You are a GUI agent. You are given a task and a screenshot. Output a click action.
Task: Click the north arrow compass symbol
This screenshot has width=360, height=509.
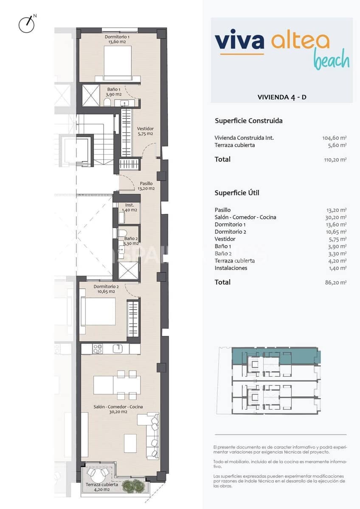(x=27, y=24)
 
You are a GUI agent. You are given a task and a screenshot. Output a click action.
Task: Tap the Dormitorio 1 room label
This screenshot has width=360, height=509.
(x=117, y=39)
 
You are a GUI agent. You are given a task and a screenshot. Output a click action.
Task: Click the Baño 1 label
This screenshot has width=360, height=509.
(x=114, y=92)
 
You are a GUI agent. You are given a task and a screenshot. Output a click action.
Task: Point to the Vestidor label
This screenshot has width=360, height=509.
(x=145, y=131)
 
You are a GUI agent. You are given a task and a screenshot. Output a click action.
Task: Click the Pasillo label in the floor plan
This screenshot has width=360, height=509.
(x=146, y=186)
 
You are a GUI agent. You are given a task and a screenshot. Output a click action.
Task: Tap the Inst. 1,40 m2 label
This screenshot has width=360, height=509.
(x=129, y=207)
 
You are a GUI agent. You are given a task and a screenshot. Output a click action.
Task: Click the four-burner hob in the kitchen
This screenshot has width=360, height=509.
(x=97, y=349)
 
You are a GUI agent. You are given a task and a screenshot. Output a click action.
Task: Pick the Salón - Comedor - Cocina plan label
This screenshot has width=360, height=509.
(x=118, y=409)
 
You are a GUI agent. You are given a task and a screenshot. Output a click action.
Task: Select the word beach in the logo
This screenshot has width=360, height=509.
(x=332, y=60)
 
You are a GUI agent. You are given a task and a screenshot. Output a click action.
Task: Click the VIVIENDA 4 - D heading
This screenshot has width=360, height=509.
(x=282, y=97)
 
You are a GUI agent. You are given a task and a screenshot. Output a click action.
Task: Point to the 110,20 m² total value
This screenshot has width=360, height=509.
(x=335, y=159)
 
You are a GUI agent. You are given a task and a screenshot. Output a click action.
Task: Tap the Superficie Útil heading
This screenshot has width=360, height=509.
(x=237, y=193)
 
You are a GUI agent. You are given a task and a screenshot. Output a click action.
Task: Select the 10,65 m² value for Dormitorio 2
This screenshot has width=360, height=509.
(x=336, y=232)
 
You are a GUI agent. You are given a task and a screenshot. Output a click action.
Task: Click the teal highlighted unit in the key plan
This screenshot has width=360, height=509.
(x=272, y=355)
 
